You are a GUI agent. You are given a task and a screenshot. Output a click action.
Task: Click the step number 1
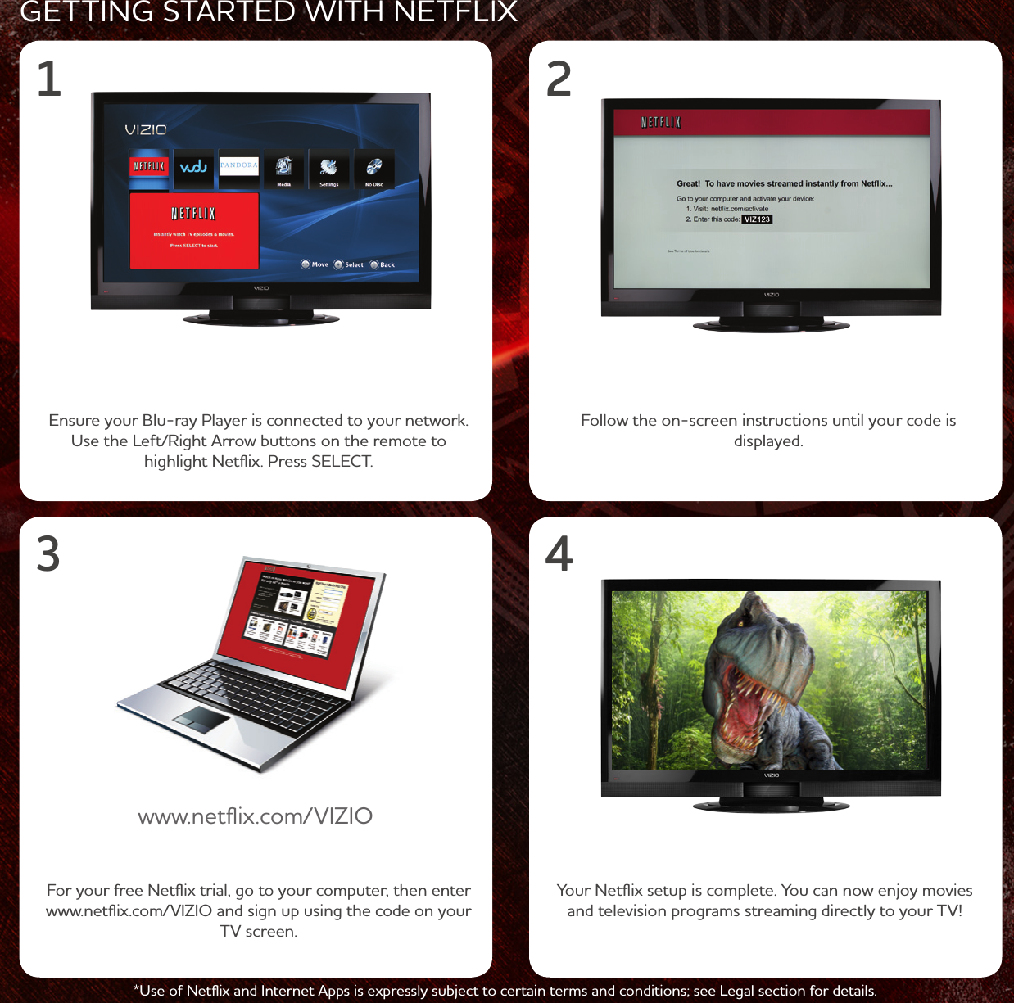click(49, 79)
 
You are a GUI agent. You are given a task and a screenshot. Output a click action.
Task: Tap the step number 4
click(559, 554)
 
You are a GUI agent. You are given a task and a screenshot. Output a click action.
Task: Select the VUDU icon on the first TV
click(193, 167)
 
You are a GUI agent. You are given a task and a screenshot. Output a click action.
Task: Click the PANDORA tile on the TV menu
click(238, 167)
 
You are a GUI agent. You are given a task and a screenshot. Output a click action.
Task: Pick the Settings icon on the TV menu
click(328, 169)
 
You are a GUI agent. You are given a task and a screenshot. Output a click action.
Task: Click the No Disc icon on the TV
click(374, 169)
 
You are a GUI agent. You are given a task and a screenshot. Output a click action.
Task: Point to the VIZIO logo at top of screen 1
click(146, 130)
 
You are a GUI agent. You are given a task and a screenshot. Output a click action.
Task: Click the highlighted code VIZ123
click(757, 219)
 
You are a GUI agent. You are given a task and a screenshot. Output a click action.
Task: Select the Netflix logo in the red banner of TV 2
click(661, 123)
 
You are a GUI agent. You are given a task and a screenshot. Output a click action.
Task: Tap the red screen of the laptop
click(299, 622)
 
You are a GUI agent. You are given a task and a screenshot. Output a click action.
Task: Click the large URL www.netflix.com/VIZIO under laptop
click(255, 816)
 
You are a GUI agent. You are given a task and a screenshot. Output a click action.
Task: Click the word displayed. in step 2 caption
click(768, 441)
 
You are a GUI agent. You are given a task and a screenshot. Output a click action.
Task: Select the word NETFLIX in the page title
click(455, 12)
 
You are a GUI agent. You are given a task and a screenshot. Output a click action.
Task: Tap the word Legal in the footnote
click(739, 991)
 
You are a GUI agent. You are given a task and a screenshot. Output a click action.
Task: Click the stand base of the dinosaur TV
click(771, 806)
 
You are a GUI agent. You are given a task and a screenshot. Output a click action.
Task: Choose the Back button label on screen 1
click(387, 264)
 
